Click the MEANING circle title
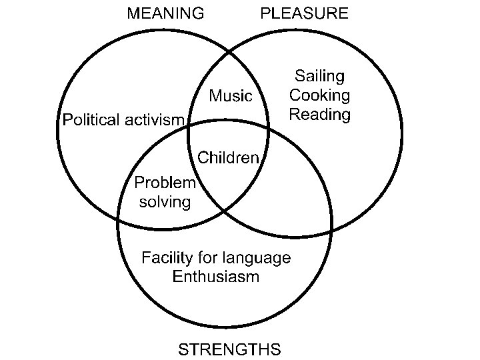(x=166, y=13)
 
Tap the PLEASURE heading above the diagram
(x=304, y=13)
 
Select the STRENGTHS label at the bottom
(x=229, y=349)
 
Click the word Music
(x=231, y=96)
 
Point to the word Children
(x=228, y=158)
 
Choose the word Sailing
(x=320, y=75)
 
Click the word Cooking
(x=319, y=95)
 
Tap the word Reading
(x=320, y=114)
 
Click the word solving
(x=165, y=201)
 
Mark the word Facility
(x=167, y=257)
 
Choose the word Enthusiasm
(x=215, y=276)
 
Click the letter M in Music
(x=215, y=96)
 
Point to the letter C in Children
(x=203, y=158)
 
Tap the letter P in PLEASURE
(x=265, y=13)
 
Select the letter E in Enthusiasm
(x=177, y=276)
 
